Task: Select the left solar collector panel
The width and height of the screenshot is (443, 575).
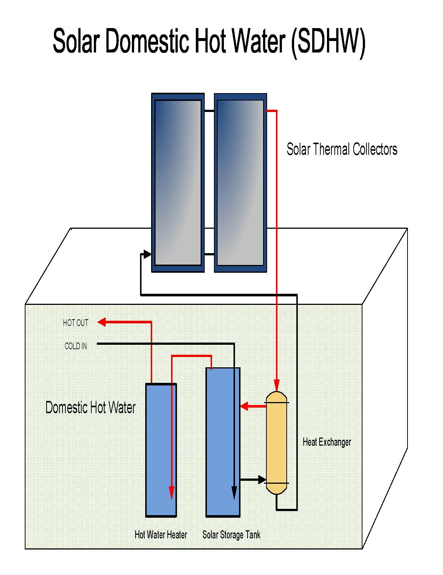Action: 178,183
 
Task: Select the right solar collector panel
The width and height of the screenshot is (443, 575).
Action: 240,183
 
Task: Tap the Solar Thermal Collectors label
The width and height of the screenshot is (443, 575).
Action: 342,149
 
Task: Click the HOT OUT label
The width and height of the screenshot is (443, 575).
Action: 76,323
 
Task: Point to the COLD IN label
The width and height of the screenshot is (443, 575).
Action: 76,346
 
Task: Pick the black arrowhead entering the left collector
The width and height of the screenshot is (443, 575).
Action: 147,254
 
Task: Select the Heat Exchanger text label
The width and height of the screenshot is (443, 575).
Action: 327,442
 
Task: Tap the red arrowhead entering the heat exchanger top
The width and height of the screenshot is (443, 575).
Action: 277,385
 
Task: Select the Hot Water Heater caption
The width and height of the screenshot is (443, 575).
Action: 161,535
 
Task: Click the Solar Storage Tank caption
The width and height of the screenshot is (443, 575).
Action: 231,535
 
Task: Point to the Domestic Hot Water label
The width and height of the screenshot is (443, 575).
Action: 91,407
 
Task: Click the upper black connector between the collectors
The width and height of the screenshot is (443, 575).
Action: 209,110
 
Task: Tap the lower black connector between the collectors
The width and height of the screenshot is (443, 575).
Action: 209,254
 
